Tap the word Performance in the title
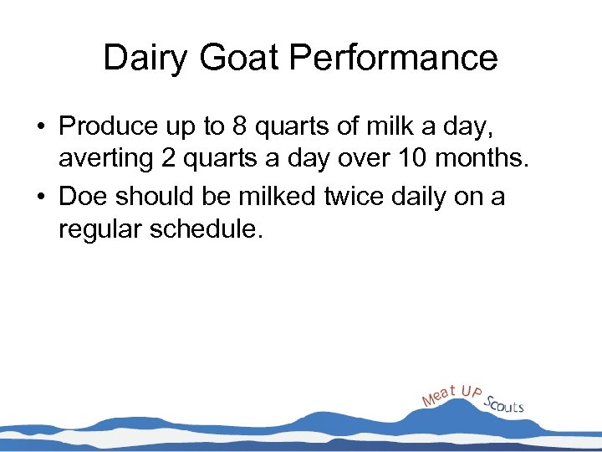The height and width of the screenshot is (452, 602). click(x=395, y=59)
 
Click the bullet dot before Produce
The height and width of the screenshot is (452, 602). click(x=40, y=127)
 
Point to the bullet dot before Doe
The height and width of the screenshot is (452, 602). click(x=40, y=197)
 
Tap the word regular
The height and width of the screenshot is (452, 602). click(x=99, y=230)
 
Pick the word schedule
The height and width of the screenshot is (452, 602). click(x=206, y=230)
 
